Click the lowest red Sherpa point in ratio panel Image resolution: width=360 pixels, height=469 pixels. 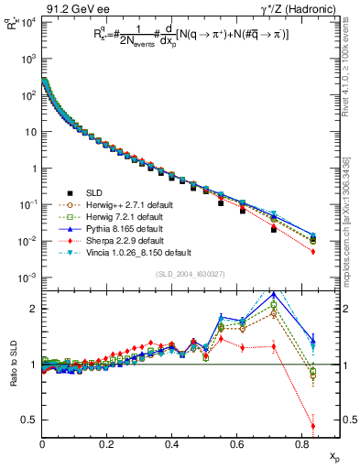(x=313, y=426)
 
